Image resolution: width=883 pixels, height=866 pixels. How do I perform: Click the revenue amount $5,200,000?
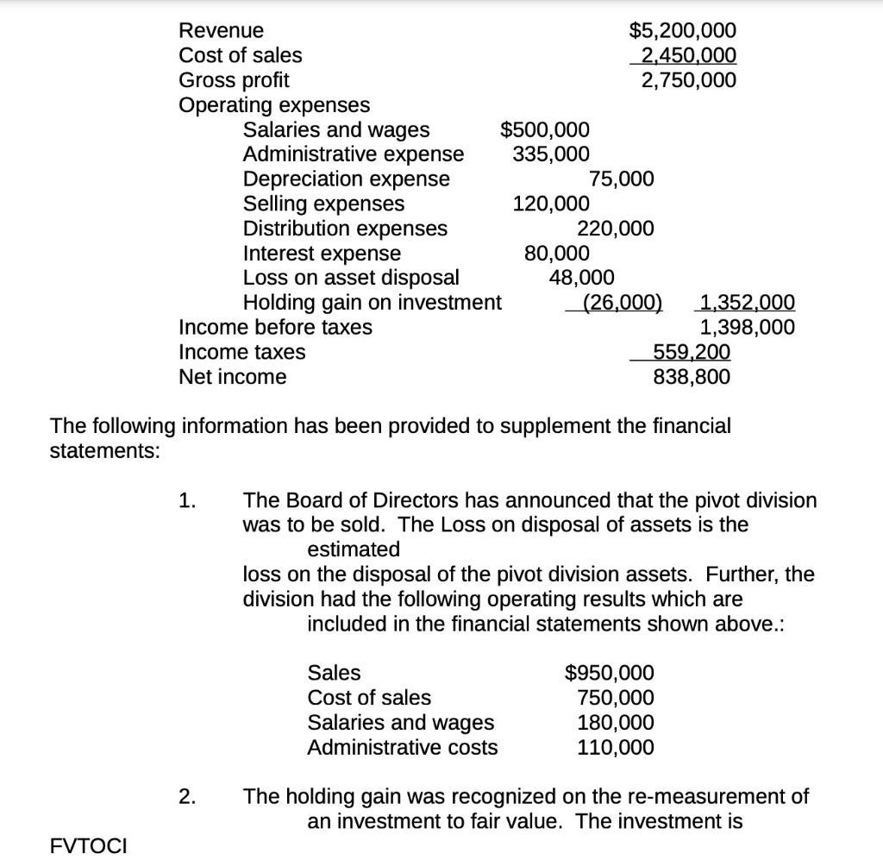click(x=683, y=31)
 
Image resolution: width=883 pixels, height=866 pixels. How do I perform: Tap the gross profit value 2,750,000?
click(x=687, y=80)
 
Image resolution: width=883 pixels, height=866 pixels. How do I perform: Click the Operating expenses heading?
click(x=273, y=105)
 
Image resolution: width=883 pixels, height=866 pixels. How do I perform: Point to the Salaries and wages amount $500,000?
click(x=545, y=130)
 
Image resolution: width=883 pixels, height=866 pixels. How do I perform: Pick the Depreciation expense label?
click(x=346, y=179)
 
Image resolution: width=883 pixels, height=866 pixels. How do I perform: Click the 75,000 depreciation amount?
click(x=621, y=179)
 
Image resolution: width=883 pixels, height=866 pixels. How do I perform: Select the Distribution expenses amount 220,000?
click(x=615, y=229)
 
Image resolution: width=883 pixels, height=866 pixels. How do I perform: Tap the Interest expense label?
click(x=322, y=254)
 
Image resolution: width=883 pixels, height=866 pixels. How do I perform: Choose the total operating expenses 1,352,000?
click(x=747, y=303)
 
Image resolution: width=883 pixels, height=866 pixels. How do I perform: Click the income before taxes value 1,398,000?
click(x=747, y=328)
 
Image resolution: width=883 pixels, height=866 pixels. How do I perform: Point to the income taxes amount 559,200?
click(x=692, y=352)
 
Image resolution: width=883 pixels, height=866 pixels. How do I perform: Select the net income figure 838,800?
click(x=692, y=377)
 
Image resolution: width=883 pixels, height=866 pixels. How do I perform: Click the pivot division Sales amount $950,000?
click(x=609, y=673)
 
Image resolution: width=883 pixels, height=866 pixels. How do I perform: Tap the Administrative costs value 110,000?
click(x=615, y=747)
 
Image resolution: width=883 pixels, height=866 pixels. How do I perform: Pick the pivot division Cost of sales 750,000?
click(x=615, y=698)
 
